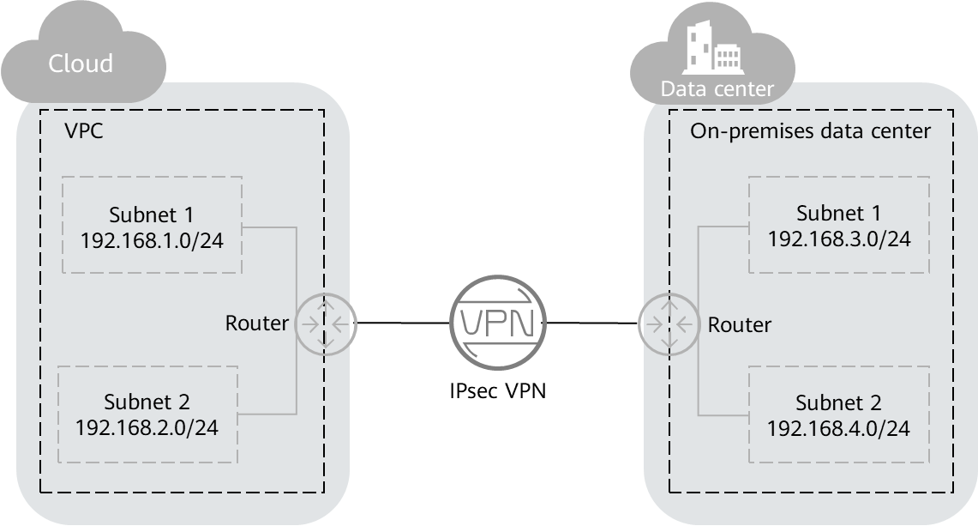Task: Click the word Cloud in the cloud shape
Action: (81, 63)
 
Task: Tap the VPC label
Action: (84, 130)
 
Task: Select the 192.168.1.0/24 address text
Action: (152, 240)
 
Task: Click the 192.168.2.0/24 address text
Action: (147, 427)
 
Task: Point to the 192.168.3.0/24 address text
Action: (839, 239)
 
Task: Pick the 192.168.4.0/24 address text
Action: (838, 428)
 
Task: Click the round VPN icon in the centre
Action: (498, 323)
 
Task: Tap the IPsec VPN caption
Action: (498, 390)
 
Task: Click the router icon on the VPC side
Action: (325, 324)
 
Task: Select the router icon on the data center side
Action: (669, 324)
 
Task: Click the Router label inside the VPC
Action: (256, 323)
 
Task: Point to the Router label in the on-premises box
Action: (739, 325)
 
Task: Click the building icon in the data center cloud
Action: (713, 47)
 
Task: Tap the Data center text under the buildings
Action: (717, 89)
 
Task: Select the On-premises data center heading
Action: (810, 130)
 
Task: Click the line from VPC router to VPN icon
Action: (403, 323)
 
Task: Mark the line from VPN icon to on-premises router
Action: (592, 323)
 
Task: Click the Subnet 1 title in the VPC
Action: (151, 215)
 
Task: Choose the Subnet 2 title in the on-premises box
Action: (838, 403)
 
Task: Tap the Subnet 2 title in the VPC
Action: (147, 402)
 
